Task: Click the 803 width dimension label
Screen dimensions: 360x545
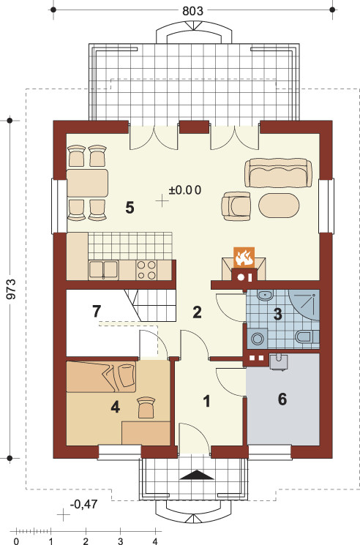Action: [x=192, y=11]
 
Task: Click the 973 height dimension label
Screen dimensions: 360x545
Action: [x=12, y=289]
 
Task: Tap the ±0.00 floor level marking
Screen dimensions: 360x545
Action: [x=185, y=190]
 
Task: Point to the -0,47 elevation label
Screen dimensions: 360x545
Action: [x=83, y=504]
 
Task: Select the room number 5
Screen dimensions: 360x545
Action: [x=130, y=208]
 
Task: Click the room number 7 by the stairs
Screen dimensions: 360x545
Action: [x=97, y=311]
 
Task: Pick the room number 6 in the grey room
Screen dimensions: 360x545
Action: [x=282, y=399]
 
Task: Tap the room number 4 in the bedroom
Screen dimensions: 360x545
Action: [x=116, y=407]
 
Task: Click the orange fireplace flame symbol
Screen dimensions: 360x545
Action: [x=244, y=258]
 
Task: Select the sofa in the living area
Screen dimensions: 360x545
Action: [x=278, y=173]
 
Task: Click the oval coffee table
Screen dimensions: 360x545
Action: [x=279, y=206]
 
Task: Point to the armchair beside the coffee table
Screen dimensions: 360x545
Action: [x=236, y=206]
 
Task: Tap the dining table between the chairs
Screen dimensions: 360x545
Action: [x=87, y=183]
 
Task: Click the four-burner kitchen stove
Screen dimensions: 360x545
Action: [x=146, y=270]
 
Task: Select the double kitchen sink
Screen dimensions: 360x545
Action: [x=103, y=270]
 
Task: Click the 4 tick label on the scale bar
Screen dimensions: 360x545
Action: [x=154, y=541]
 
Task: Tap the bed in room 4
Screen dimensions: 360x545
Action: [x=101, y=377]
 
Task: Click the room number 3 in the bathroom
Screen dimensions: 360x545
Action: [x=277, y=314]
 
